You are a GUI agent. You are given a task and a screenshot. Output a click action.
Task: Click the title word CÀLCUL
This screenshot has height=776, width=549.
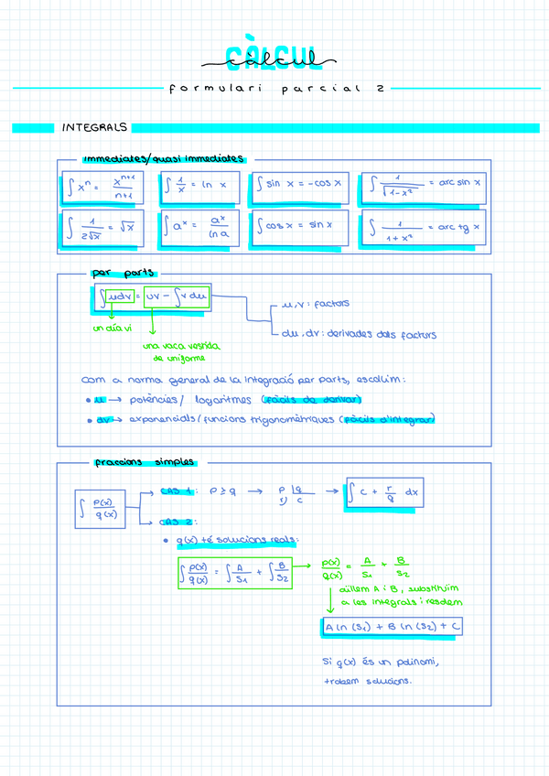pos(274,59)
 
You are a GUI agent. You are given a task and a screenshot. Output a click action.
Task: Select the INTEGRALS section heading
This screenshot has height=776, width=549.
pos(94,127)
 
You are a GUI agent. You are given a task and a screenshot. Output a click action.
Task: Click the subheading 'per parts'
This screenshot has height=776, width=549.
pos(124,272)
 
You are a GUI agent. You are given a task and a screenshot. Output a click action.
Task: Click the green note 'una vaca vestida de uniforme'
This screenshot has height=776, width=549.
pos(180,352)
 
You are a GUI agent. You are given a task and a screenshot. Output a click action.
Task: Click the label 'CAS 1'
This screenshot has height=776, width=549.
pos(177,490)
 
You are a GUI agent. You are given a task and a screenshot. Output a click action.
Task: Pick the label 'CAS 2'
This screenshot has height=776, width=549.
pos(176,522)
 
